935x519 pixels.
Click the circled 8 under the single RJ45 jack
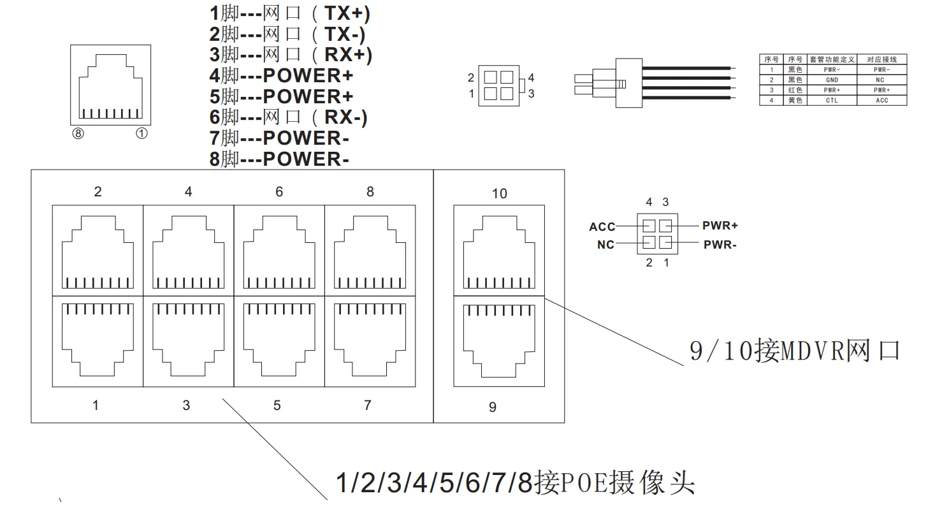click(78, 134)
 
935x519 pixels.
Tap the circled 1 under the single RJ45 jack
click(141, 134)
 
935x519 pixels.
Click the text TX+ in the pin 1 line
click(344, 13)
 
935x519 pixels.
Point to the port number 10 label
click(499, 194)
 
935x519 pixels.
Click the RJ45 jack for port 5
click(279, 342)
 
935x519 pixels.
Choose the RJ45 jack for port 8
click(370, 251)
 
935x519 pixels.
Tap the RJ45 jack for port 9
click(499, 342)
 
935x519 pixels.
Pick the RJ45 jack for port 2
click(98, 251)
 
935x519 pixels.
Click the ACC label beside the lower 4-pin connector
click(602, 227)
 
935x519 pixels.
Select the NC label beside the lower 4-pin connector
click(605, 245)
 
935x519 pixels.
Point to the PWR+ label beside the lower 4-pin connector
click(720, 226)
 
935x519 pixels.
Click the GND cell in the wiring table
click(832, 80)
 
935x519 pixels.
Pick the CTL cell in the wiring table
click(832, 100)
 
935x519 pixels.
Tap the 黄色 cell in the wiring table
click(795, 100)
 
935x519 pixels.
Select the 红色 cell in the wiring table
click(795, 90)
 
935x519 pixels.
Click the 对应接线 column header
click(882, 59)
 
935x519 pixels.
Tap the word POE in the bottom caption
click(583, 483)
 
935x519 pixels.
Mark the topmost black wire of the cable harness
click(686, 68)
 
